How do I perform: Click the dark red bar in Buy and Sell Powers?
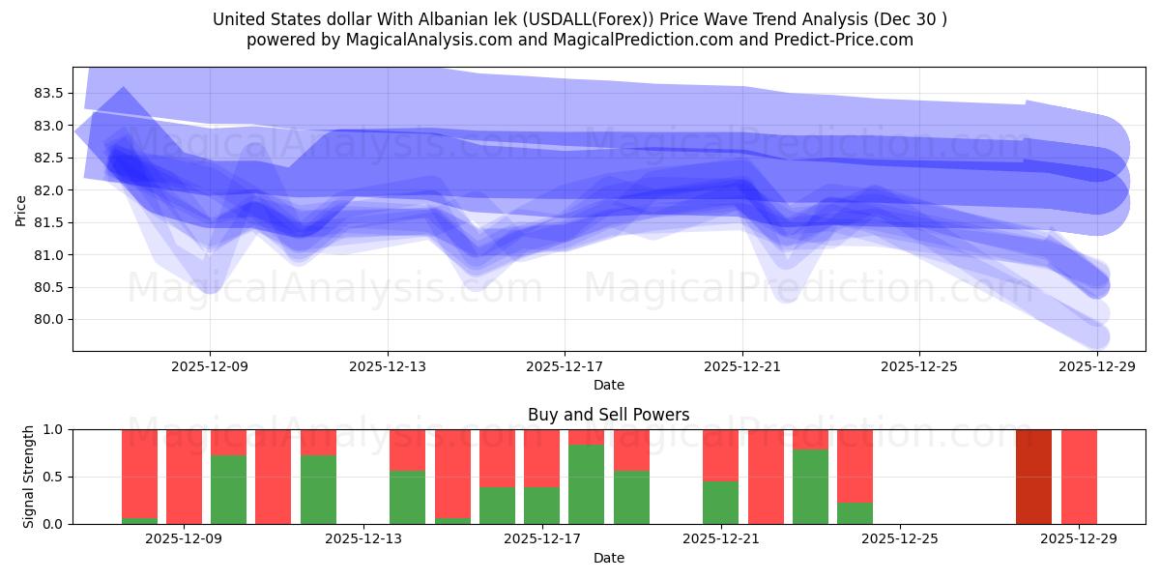pos(1033,477)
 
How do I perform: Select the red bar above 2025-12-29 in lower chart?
pos(1079,477)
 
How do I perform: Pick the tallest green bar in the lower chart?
pos(586,484)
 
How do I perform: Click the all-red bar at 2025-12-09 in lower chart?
pos(184,477)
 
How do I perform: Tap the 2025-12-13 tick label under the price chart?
pos(388,367)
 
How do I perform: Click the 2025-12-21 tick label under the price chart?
pos(742,367)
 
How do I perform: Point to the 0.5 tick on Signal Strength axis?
pos(54,477)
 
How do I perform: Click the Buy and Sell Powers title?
pos(609,415)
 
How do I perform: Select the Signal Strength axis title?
pos(29,477)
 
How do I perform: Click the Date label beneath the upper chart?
pos(609,385)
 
